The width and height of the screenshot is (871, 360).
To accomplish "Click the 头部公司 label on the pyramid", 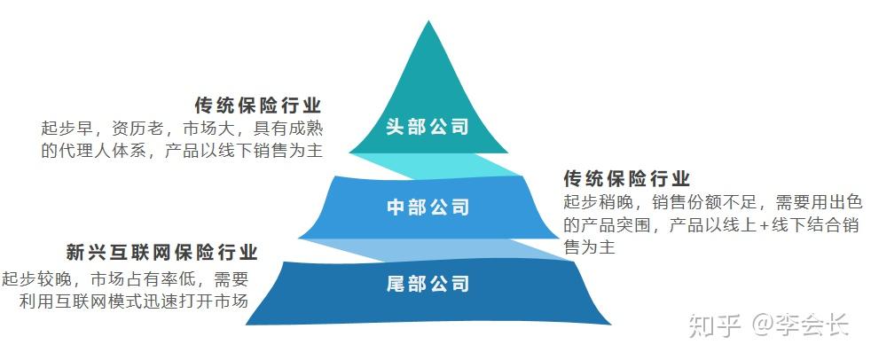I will coord(428,127).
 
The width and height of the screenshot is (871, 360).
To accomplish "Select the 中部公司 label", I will coord(428,207).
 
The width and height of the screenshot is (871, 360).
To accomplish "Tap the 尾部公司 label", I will coord(428,284).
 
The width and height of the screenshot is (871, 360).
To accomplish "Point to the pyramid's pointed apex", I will coord(429,24).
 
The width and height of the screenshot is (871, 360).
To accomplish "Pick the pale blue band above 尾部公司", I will coord(443,248).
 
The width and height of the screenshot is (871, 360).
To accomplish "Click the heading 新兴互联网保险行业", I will coord(161,253).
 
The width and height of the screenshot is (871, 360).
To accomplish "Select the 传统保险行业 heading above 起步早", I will coord(257,105).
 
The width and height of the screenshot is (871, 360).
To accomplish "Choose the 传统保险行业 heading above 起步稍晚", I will coord(626,178).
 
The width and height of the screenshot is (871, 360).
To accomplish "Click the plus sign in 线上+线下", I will coord(764,225).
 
